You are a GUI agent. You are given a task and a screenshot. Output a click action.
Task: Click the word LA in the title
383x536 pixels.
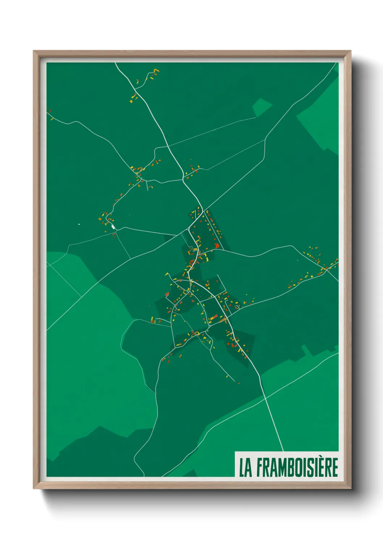[x=245, y=467]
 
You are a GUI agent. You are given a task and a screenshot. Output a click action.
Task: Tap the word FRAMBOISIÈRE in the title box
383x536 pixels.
[x=297, y=467]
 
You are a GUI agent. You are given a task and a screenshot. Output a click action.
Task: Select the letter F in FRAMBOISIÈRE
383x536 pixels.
[x=260, y=468]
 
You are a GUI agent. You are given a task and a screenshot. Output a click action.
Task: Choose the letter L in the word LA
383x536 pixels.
[x=241, y=468]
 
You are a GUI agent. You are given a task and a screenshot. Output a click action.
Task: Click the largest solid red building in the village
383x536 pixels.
[x=217, y=246]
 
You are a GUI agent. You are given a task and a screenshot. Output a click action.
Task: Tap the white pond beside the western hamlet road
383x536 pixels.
[x=113, y=227]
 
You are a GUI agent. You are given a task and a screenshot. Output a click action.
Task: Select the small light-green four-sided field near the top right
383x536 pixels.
[x=261, y=107]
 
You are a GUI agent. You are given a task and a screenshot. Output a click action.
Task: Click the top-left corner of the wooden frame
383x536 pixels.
[x=34, y=51]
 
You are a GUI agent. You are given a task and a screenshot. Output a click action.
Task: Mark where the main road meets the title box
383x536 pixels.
[x=283, y=451]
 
